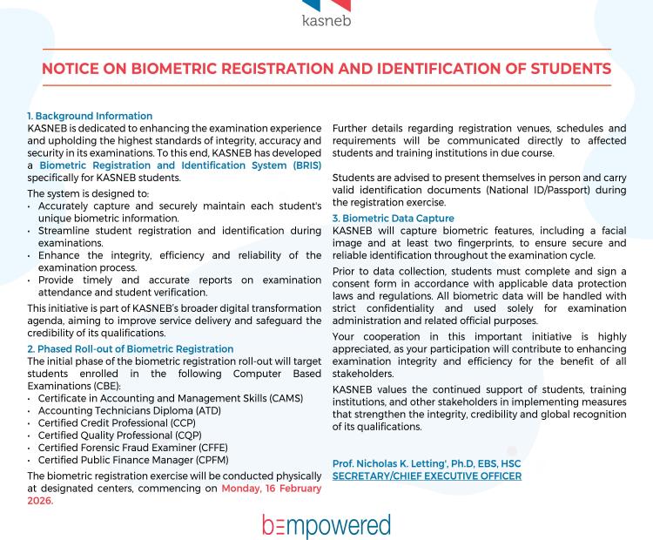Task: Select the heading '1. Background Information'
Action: coord(90,116)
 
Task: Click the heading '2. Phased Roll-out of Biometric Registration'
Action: coord(130,349)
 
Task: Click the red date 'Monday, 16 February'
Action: coord(271,489)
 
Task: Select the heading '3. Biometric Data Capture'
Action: coord(394,219)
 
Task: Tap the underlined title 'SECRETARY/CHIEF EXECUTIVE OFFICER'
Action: coord(427,476)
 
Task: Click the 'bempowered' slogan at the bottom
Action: coord(326,525)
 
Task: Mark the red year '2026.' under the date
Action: coord(41,501)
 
